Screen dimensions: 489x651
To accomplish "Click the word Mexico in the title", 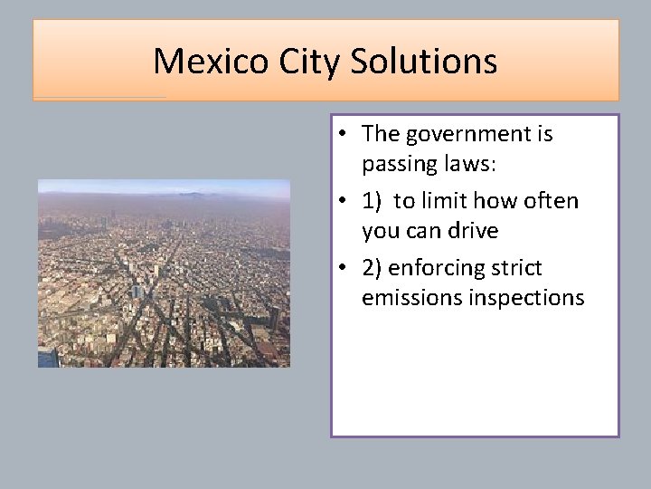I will point(198,62).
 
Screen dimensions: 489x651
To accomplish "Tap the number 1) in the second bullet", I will point(373,201).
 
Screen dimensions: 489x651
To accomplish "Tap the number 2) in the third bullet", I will point(373,268).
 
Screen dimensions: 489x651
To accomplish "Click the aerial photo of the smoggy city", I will point(164,273).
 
